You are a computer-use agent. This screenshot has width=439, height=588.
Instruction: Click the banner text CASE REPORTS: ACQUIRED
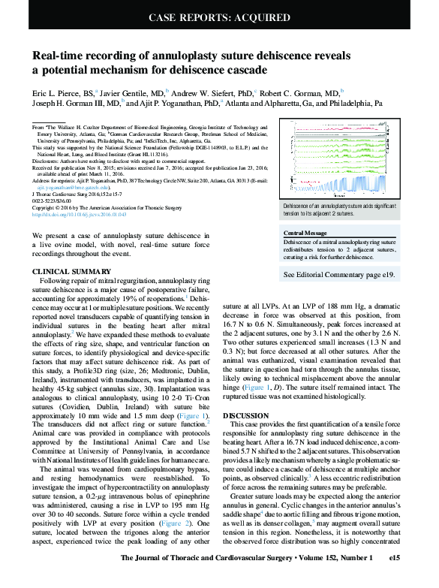(x=219, y=17)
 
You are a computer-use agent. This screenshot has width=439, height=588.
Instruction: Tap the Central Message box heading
(x=305, y=234)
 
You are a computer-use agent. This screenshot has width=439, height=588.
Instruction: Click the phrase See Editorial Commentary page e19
(x=339, y=276)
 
